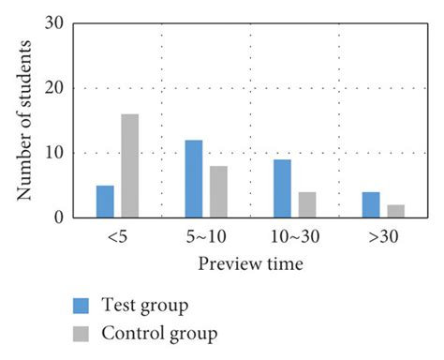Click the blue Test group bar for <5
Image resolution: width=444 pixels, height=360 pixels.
(105, 202)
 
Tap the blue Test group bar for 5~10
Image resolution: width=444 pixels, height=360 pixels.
(193, 179)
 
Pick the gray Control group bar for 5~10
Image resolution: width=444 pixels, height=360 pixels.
(217, 192)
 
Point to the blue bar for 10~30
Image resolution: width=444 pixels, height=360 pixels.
(282, 188)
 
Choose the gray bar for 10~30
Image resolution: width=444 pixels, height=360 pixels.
(306, 205)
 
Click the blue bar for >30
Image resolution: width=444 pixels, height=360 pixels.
(371, 205)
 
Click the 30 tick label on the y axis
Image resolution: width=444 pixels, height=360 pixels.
(53, 22)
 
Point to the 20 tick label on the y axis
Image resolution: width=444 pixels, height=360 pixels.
(53, 88)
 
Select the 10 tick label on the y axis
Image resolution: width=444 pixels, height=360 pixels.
(53, 153)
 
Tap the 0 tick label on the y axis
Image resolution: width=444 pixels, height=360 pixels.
(59, 217)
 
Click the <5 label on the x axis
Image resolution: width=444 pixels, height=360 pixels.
(116, 238)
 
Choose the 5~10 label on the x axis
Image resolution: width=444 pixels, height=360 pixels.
(205, 238)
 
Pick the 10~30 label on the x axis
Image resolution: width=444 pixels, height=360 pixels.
(294, 238)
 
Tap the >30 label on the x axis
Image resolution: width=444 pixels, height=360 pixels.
(383, 238)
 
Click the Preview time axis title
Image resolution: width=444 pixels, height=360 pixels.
(250, 264)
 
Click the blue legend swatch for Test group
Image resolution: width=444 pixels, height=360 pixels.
(82, 306)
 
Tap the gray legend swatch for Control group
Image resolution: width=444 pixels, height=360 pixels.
(82, 332)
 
